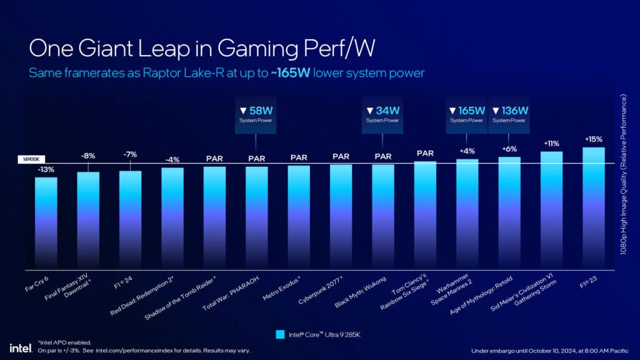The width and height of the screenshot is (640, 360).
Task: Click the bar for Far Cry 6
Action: [46, 222]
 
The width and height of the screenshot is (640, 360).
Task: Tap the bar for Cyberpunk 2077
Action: [341, 216]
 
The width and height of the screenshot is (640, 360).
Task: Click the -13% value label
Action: [46, 169]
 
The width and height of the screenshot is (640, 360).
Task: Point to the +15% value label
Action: [593, 139]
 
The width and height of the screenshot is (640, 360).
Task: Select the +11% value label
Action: [551, 143]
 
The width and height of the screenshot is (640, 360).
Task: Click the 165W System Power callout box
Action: [467, 114]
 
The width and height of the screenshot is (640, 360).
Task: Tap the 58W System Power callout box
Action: [256, 114]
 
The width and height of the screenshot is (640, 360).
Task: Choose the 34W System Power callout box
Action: [382, 114]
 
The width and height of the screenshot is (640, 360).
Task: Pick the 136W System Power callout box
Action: [509, 114]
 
